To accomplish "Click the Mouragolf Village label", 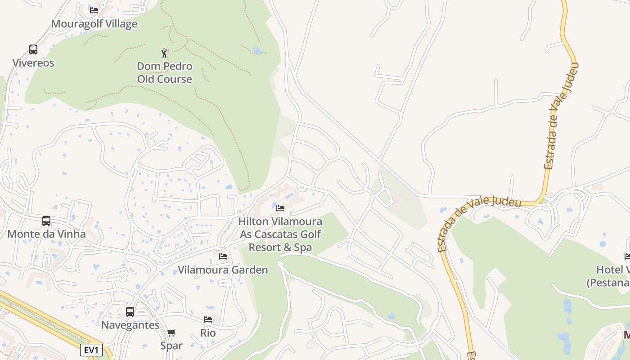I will pos(94,24).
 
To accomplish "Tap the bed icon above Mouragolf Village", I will pos(94,10).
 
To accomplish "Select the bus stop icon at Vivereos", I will pos(33,49).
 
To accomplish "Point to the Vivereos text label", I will pos(33,63).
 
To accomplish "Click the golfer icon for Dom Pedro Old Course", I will pos(165,53).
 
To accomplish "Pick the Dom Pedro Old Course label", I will pos(165,72).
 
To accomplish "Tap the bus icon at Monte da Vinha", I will pos(46,220).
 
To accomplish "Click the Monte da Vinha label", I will pos(46,234).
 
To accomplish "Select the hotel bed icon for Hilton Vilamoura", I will pos(280,208).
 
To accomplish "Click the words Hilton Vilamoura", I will pos(280,221).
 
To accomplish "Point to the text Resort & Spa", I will pos(280,247).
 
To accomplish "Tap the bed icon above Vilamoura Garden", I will pos(223,256).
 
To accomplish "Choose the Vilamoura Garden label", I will pos(223,270).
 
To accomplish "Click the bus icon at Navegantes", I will pos(130,311).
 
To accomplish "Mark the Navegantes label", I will pos(130,325).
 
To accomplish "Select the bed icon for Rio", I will pos(208,319).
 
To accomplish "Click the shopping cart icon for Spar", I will pos(171,333).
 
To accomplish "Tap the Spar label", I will pos(171,346).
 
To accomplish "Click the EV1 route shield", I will pos(91,350).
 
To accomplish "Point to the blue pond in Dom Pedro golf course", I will pos(257,50).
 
